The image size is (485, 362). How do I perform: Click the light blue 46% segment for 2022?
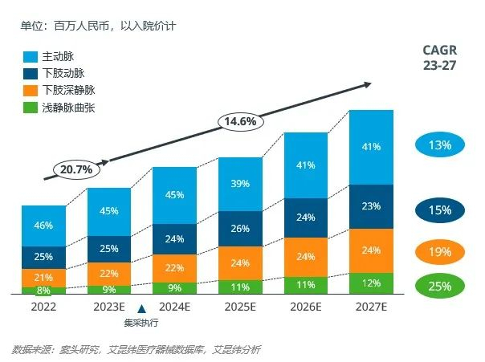[x=43, y=226]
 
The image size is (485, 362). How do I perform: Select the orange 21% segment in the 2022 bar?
[x=43, y=277]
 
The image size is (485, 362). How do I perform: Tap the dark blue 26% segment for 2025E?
[x=240, y=229]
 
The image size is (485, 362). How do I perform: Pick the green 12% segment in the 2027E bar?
[x=371, y=283]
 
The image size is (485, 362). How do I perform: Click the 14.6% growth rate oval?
[x=240, y=122]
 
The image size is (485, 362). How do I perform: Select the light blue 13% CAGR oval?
[x=439, y=145]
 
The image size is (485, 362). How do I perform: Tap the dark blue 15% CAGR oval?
[x=439, y=210]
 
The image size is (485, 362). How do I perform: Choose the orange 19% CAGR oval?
[x=439, y=252]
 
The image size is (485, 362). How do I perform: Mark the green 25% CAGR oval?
[x=439, y=285]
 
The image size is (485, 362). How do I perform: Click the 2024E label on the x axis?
[x=174, y=307]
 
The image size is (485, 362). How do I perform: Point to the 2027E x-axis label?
[x=371, y=307]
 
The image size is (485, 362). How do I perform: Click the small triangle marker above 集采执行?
[x=141, y=308]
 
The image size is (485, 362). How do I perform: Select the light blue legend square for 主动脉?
[x=31, y=57]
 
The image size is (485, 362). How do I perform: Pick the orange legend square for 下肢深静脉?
[x=31, y=89]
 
